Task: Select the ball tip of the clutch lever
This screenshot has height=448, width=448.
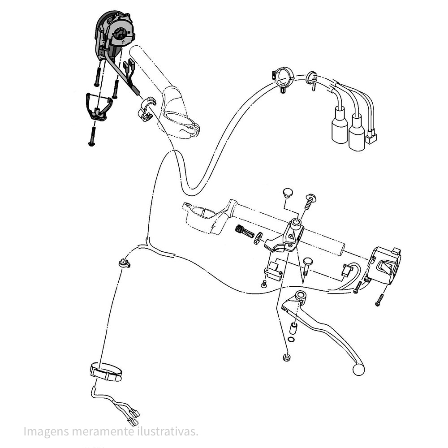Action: (358, 370)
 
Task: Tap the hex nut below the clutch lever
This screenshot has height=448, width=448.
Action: (286, 357)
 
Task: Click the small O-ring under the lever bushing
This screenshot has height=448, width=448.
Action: (291, 339)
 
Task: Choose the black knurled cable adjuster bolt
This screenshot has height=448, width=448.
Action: (245, 231)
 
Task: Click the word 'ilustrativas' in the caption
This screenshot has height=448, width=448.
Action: (167, 431)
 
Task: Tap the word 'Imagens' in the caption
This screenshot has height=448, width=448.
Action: (46, 432)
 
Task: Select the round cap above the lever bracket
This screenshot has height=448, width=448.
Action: (288, 192)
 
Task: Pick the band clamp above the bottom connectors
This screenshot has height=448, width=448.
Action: (106, 372)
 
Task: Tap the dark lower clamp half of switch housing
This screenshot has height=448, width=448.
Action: (99, 106)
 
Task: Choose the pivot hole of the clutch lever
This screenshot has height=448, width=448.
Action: (300, 295)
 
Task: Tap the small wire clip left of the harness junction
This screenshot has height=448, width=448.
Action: (124, 263)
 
